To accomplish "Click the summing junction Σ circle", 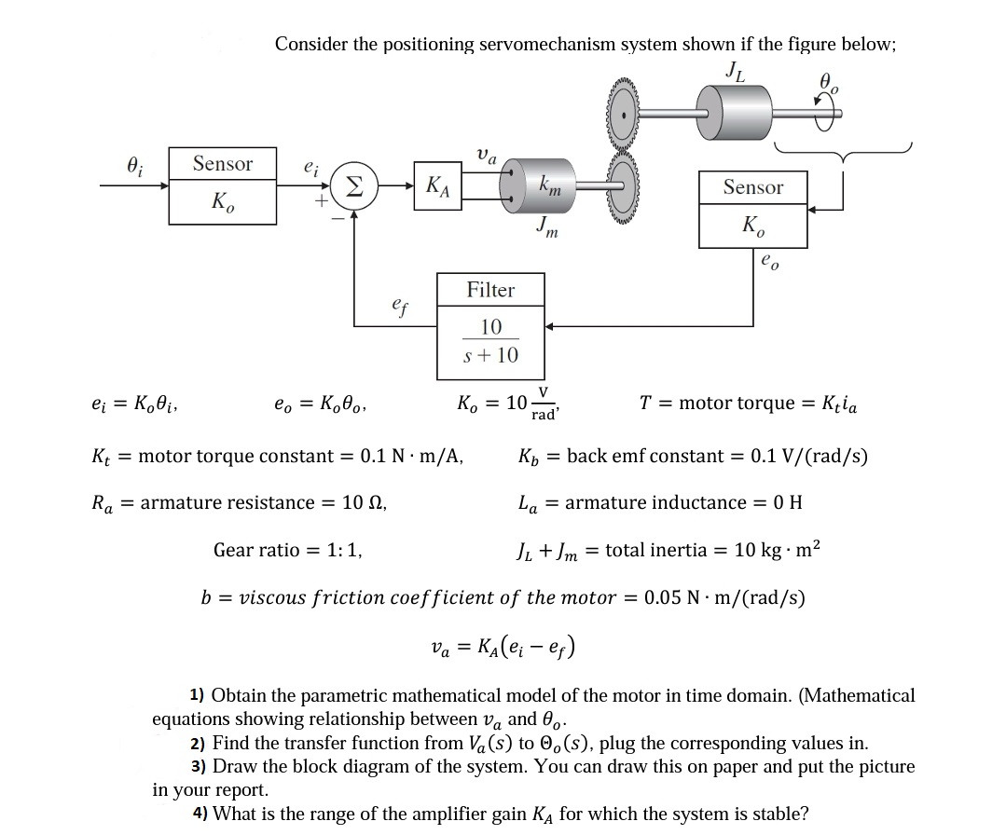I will pos(353,186).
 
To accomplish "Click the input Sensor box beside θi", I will pos(222,185).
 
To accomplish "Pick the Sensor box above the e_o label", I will pos(752,208).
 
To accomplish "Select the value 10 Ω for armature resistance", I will pos(364,503).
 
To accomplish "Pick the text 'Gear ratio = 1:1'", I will pos(288,550).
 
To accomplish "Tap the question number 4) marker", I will pos(200,814).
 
